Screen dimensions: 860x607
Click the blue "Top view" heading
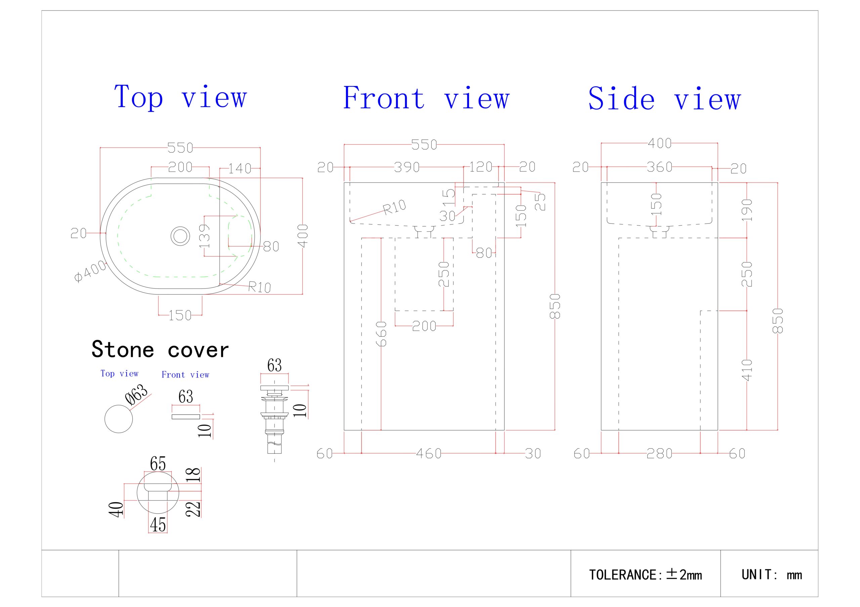tap(180, 97)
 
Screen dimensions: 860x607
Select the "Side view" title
tap(664, 98)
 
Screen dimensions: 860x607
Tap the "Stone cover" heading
tap(160, 350)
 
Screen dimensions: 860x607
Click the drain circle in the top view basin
tap(180, 236)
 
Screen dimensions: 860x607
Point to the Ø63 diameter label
tap(137, 395)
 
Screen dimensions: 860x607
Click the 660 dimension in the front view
tap(381, 334)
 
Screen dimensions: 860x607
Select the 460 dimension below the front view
tap(429, 454)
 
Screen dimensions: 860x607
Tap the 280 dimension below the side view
tap(659, 454)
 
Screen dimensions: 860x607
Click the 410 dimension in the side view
tap(747, 370)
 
